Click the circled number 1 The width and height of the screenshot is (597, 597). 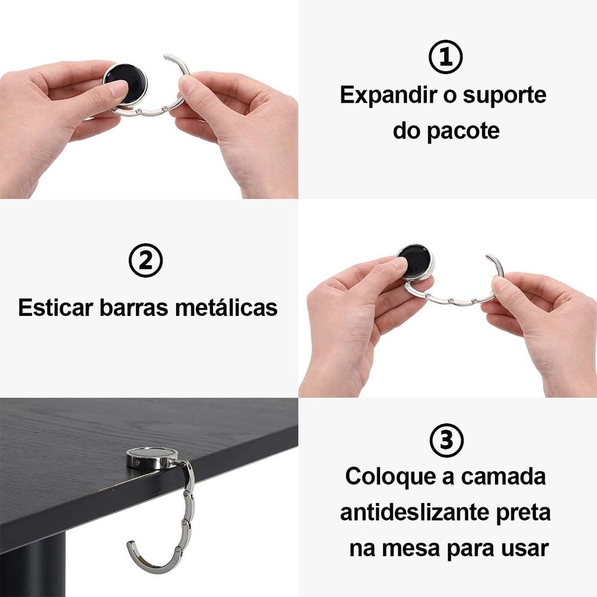(x=445, y=57)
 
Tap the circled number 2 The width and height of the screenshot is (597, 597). (x=145, y=261)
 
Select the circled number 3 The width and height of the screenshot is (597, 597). (x=446, y=440)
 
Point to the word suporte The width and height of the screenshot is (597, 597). (x=504, y=96)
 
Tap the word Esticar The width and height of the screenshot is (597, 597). (x=55, y=307)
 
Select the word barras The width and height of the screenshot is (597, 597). (x=134, y=307)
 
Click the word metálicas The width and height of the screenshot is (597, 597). (x=226, y=307)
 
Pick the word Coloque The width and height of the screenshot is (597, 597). (x=391, y=477)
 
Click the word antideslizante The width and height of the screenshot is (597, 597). (x=415, y=512)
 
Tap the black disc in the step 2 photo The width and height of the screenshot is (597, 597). (x=415, y=262)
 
